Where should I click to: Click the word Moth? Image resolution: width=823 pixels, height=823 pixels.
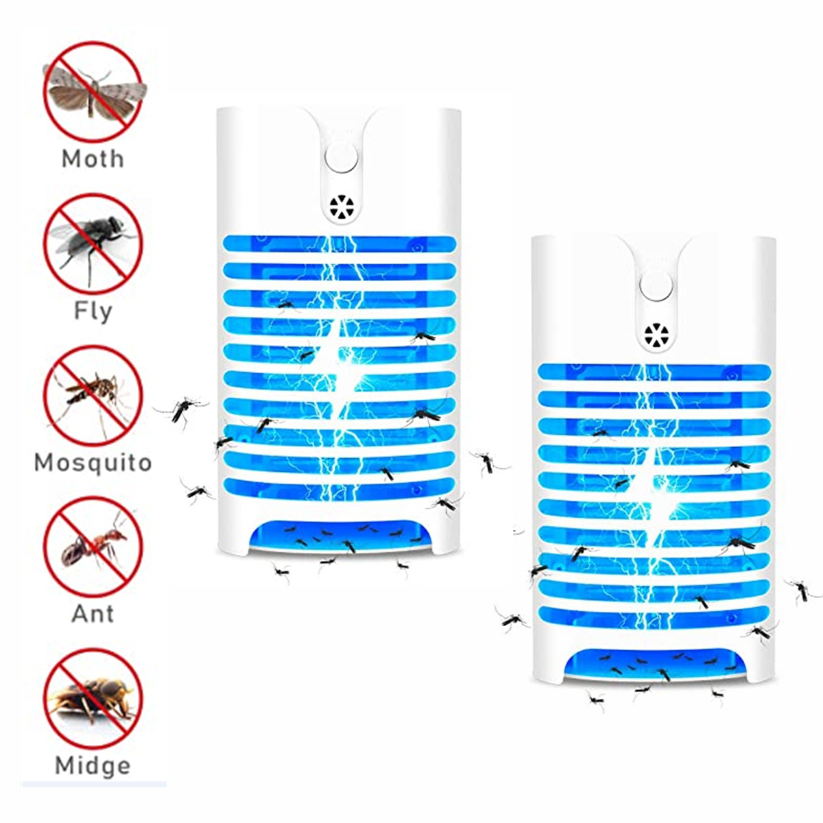pos(93,159)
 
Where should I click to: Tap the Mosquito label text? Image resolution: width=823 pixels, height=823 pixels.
pos(93,462)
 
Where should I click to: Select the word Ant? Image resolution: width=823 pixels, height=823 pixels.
pos(93,613)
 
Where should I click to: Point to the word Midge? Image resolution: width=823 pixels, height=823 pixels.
pos(93,765)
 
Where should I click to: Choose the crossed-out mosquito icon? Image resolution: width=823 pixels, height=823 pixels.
pos(93,396)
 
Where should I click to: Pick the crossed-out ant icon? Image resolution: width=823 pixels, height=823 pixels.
pos(93,547)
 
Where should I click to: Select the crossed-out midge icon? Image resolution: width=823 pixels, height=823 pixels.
pos(93,697)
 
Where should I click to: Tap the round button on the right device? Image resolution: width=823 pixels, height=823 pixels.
pos(656,287)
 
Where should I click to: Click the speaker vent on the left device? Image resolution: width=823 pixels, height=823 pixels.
pos(341,208)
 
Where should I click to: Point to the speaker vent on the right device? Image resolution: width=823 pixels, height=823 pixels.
pos(656,335)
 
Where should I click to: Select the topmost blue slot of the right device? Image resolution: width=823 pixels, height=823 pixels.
pos(654,372)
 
